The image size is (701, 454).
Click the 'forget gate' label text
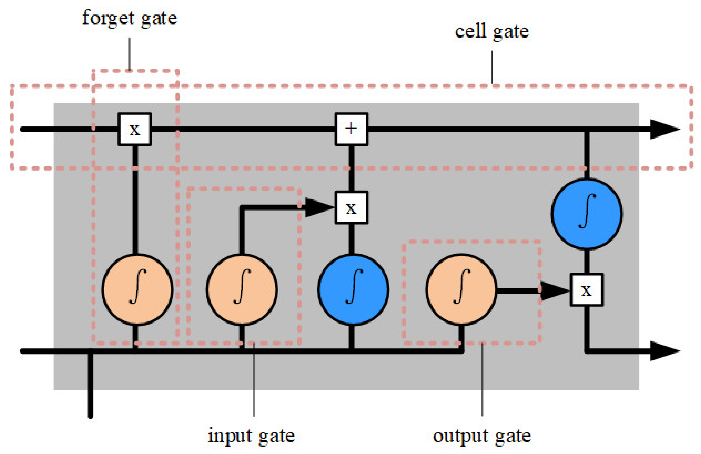(130, 18)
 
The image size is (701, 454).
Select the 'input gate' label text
(251, 436)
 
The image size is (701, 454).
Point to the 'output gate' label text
(482, 436)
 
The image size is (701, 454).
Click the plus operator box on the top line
(351, 129)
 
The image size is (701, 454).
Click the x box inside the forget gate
(134, 129)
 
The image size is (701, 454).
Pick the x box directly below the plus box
(351, 208)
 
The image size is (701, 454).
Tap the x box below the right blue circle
(586, 290)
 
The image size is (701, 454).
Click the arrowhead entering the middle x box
(318, 208)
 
